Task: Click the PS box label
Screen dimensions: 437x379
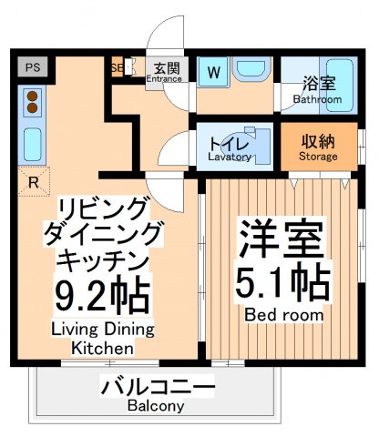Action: pyautogui.click(x=33, y=66)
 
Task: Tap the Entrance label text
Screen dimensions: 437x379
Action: pyautogui.click(x=165, y=78)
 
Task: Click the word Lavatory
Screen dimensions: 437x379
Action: pyautogui.click(x=230, y=157)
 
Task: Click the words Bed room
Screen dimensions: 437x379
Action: pyautogui.click(x=283, y=314)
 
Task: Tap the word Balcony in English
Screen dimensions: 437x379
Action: pyautogui.click(x=156, y=406)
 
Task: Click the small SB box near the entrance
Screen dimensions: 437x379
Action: pyautogui.click(x=117, y=68)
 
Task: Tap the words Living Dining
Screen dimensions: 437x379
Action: pyautogui.click(x=102, y=329)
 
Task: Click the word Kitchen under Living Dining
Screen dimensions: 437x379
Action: pyautogui.click(x=102, y=348)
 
